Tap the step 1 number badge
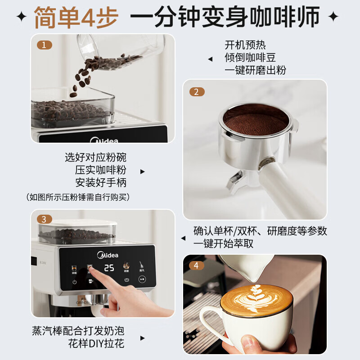pos(44,45)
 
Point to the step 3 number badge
pos(44,220)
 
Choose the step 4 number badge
pos(196,265)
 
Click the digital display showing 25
pos(109,268)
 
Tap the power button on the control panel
pos(74,282)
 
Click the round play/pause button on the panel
pos(142,279)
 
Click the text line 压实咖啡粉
pos(101,170)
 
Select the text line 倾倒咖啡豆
pos(250,58)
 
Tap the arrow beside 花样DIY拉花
pos(143,338)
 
